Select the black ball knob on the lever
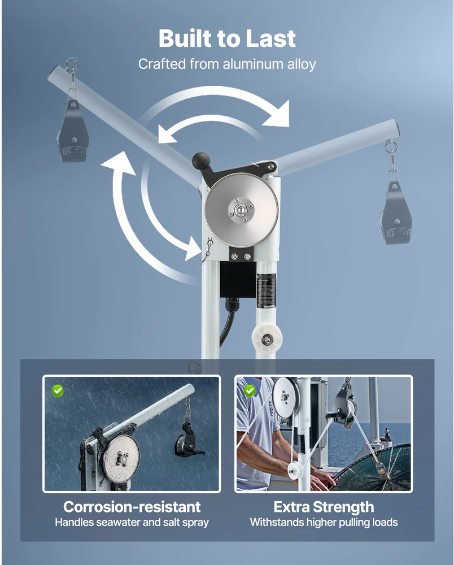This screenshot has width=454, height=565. point(201,160)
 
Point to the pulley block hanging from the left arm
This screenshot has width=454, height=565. point(73,132)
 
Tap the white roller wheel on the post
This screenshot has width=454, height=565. point(267,338)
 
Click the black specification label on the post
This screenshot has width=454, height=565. point(266,290)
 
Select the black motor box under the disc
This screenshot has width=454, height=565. point(238,280)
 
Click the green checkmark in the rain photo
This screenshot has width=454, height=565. point(58,390)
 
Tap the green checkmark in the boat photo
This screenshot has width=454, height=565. point(250,390)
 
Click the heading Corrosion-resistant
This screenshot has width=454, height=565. point(132,507)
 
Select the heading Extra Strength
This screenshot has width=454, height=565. point(324,507)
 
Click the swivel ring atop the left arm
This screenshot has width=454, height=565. point(71,66)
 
